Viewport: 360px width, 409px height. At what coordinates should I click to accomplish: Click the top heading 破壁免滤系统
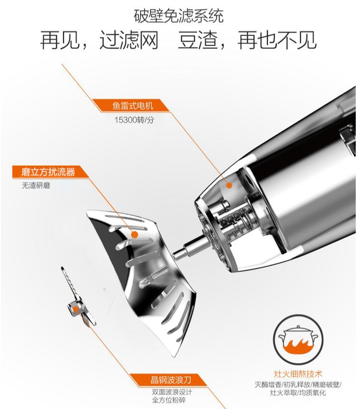pos(178,16)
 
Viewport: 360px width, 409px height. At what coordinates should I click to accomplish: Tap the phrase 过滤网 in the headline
pos(129,40)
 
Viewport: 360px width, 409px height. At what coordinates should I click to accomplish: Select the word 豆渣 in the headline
pos(198,40)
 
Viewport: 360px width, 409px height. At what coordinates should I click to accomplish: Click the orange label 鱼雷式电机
pos(132,106)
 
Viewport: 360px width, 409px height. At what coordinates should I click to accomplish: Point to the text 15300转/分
pos(134,120)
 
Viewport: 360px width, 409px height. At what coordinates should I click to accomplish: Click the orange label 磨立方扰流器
pos(48,172)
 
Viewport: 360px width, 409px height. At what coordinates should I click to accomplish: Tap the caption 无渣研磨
pos(36,186)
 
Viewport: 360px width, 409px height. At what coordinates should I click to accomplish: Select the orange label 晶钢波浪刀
pos(171,380)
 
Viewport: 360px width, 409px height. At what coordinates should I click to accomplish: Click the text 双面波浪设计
pos(172,392)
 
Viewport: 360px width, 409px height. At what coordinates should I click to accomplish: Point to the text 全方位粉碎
pos(169,400)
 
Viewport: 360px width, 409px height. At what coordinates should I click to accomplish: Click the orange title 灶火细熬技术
pos(298,374)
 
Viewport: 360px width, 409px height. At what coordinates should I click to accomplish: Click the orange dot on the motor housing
pos(229,186)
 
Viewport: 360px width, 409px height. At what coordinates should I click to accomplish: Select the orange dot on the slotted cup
pos(134,234)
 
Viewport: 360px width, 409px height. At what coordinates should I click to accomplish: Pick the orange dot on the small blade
pos(76,310)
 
